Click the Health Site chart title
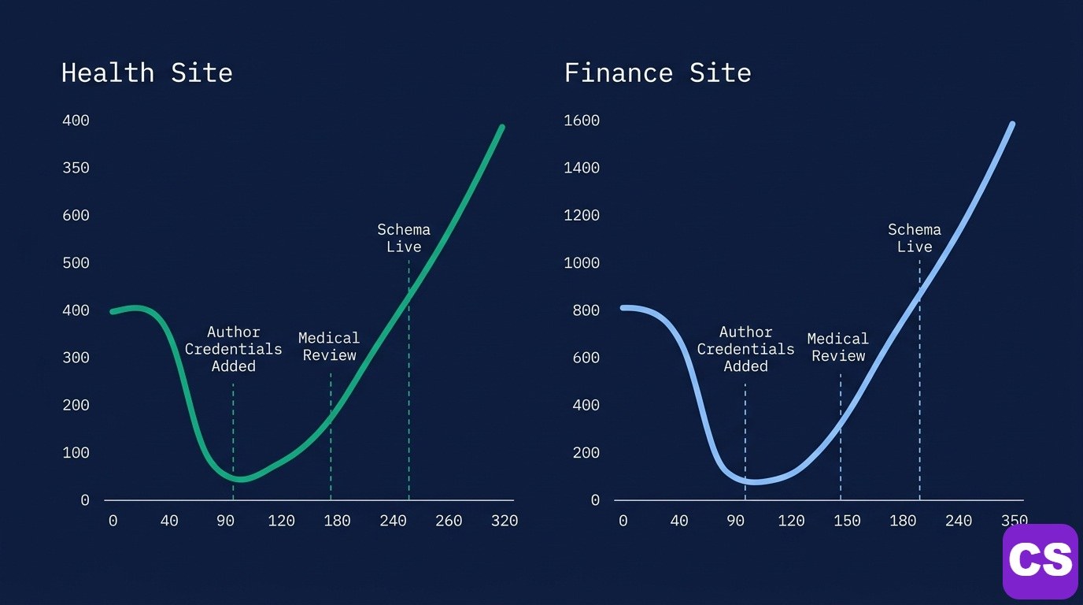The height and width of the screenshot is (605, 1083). tap(146, 73)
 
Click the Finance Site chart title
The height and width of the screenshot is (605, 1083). tap(657, 73)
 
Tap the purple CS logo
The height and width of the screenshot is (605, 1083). tap(1040, 561)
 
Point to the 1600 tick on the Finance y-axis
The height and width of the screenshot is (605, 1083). tap(582, 121)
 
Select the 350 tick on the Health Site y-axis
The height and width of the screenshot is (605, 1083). tap(76, 168)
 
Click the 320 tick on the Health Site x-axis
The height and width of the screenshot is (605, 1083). tap(504, 521)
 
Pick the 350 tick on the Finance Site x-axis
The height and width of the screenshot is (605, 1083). tap(1014, 521)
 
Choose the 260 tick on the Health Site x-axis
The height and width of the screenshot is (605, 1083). tap(448, 521)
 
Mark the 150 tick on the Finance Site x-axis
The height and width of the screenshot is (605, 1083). tap(847, 521)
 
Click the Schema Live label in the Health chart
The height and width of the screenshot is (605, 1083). tap(404, 238)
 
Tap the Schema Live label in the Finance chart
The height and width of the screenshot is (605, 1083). tap(915, 238)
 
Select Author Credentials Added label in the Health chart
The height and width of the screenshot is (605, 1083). tap(234, 349)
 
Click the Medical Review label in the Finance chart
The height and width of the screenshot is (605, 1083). tap(838, 347)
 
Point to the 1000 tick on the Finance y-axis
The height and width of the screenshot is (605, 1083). tap(582, 263)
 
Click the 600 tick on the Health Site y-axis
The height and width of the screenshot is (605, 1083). tap(76, 215)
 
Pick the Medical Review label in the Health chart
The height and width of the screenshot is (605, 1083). tap(329, 347)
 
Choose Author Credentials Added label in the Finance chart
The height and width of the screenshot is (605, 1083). tap(745, 349)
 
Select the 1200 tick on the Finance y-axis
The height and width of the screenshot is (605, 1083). tap(582, 215)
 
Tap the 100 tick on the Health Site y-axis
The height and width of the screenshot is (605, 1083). tap(76, 453)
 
